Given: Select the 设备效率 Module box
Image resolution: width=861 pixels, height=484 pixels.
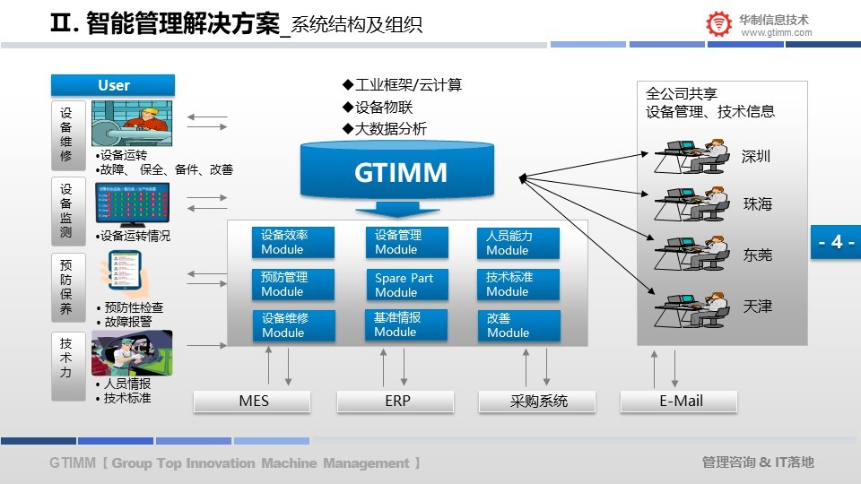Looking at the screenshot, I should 292,242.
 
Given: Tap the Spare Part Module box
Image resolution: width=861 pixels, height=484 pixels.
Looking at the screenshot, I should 406,285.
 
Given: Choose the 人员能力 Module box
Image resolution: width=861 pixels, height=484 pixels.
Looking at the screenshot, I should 517,242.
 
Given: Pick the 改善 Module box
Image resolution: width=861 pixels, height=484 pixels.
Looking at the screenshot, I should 517,325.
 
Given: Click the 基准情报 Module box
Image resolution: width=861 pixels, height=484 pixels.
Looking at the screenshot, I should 406,324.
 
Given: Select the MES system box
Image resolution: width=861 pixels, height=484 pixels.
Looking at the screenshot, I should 254,402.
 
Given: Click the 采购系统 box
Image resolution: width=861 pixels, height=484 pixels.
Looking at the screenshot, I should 537,402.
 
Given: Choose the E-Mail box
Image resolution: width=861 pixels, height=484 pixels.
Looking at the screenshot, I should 680,402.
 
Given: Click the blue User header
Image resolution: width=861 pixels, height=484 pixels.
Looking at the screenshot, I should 113,85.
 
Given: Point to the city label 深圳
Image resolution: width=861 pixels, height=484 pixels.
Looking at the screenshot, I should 756,157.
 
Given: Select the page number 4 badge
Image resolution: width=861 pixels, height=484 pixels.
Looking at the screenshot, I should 836,242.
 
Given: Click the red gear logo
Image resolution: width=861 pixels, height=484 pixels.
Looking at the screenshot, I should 718,24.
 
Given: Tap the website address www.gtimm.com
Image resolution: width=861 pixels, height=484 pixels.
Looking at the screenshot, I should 777,33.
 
